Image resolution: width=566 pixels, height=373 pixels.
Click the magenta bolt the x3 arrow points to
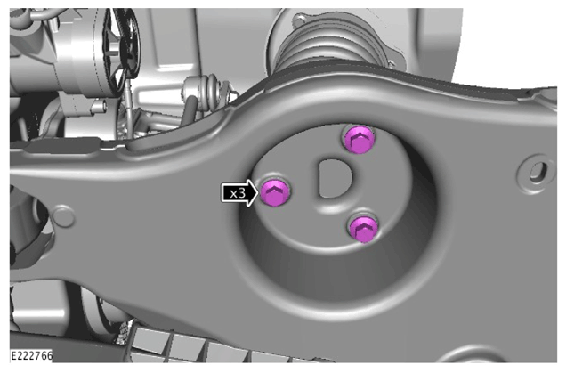[275, 192]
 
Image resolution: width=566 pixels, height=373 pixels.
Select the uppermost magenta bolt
[359, 140]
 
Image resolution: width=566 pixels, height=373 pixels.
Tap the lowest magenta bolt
[363, 229]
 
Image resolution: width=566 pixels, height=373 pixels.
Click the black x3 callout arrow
[239, 193]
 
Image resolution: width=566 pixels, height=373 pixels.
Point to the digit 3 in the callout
[242, 193]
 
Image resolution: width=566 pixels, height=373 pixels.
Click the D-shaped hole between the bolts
[335, 179]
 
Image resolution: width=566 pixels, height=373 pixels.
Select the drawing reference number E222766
[31, 355]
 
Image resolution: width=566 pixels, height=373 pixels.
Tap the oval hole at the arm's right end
[538, 172]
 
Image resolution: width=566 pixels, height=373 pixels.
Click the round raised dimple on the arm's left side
[63, 216]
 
